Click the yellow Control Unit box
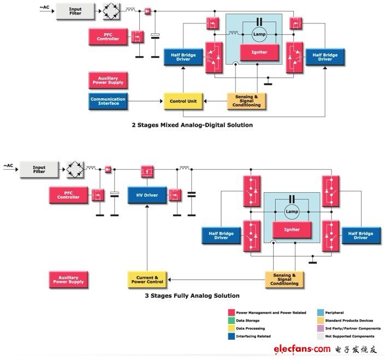(183, 101)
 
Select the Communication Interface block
(108, 101)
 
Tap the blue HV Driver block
(147, 195)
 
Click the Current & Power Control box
(146, 279)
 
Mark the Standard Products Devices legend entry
(350, 320)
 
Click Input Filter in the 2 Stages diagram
(75, 10)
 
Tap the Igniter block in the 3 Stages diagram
(292, 229)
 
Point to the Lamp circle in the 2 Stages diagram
(258, 34)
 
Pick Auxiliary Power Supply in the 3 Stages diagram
(68, 280)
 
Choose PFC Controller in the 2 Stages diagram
(108, 37)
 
